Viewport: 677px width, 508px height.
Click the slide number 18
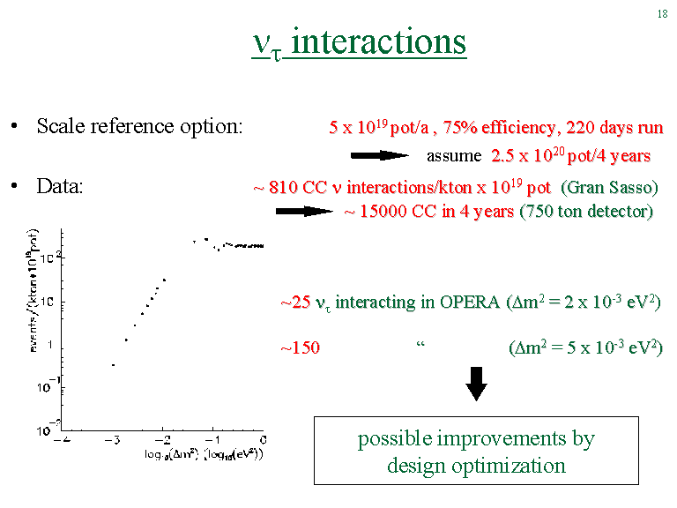coord(662,14)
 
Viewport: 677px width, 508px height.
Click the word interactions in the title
coord(378,42)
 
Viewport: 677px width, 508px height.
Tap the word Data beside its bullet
coord(58,186)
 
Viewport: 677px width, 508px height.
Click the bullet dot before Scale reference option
coord(14,127)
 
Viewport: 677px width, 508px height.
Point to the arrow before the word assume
coord(379,155)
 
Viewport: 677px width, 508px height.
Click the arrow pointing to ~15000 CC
coord(304,212)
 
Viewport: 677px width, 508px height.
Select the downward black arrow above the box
coord(476,384)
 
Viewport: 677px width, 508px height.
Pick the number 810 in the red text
coord(283,188)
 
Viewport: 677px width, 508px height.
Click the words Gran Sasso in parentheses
coord(609,188)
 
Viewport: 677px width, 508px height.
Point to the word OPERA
coord(470,302)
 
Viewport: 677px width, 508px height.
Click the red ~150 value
coord(300,347)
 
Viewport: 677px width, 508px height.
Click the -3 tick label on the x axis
coord(111,440)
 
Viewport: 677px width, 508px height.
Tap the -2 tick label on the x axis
coord(162,440)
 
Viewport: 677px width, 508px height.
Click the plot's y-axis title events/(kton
coord(33,289)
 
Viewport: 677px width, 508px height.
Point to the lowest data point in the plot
coord(113,365)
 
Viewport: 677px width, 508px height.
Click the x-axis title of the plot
coord(204,454)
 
